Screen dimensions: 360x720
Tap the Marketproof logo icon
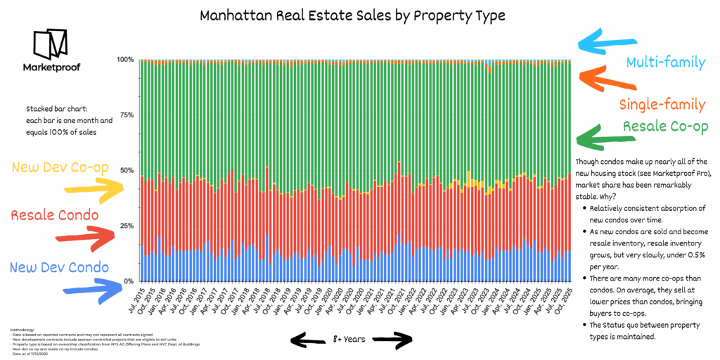point(50,45)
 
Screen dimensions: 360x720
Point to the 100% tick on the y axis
point(125,60)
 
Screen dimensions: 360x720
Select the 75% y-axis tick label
point(127,115)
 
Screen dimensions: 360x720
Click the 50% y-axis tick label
point(127,171)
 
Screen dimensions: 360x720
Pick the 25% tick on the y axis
point(127,226)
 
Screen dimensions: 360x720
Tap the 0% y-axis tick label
point(129,282)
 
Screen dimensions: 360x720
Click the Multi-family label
point(665,63)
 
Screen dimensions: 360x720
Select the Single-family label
point(662,105)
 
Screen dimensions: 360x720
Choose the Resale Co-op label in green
point(664,127)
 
